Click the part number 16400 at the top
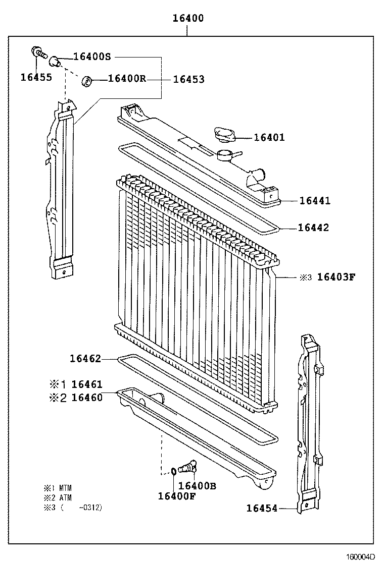click(x=188, y=19)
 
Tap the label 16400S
click(x=91, y=57)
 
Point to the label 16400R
click(x=127, y=79)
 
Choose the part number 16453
click(x=188, y=79)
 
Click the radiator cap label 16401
click(x=269, y=137)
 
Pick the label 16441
click(x=314, y=201)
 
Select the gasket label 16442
click(x=313, y=228)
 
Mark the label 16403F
click(x=337, y=277)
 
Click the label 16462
click(x=85, y=359)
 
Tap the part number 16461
click(x=86, y=385)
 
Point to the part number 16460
click(x=86, y=398)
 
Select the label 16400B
click(x=197, y=486)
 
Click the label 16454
click(x=262, y=508)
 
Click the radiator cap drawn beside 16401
click(x=224, y=135)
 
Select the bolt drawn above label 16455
click(x=38, y=51)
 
